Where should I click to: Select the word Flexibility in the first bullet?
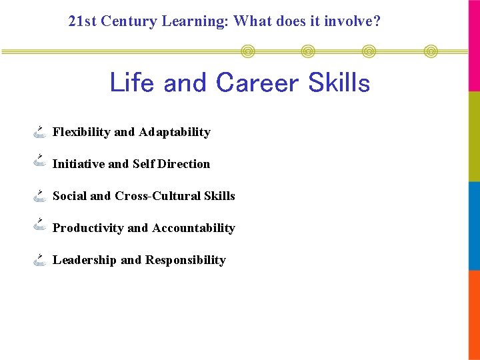pos(81,132)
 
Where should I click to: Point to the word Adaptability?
pos(175,132)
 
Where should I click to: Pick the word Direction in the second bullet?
pos(183,164)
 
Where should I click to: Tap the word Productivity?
pos(88,228)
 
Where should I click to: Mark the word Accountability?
pos(193,228)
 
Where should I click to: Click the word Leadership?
pos(84,260)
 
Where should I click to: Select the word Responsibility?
pos(185,260)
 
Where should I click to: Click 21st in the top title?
pos(83,21)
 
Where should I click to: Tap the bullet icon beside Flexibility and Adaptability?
pos(40,131)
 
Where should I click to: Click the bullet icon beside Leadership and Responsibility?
pos(40,259)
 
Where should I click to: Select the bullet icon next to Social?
pos(40,195)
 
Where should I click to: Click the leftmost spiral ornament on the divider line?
pos(247,51)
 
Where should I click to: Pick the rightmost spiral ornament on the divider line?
pos(431,51)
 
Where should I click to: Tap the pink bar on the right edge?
pos(474,45)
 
